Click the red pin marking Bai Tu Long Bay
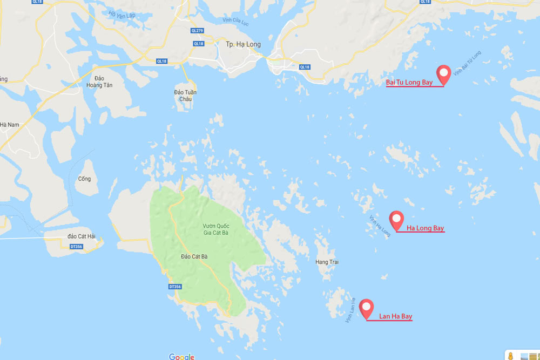(x=443, y=74)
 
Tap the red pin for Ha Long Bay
(x=397, y=220)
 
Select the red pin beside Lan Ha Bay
(x=367, y=308)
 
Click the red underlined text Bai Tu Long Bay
(x=409, y=83)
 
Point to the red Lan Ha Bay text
(x=395, y=316)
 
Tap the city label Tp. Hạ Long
(x=243, y=44)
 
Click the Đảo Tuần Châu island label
(x=185, y=96)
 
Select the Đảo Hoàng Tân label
(x=98, y=81)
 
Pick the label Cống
(x=84, y=179)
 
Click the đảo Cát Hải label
(x=78, y=236)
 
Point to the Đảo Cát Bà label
(x=194, y=256)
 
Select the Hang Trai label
(x=327, y=262)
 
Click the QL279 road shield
(x=197, y=31)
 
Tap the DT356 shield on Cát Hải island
(x=78, y=246)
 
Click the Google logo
(x=181, y=356)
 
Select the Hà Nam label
(x=9, y=125)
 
